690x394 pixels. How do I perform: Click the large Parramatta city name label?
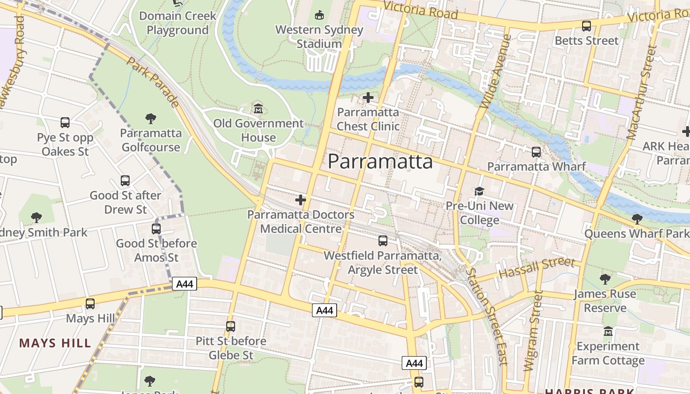click(x=380, y=162)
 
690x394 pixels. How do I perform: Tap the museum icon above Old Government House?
click(x=258, y=108)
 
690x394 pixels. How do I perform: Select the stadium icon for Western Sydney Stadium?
click(x=319, y=15)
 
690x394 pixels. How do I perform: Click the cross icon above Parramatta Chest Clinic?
click(x=368, y=98)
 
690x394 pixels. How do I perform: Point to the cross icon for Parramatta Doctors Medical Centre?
click(x=300, y=200)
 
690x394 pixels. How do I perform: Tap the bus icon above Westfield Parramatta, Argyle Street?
click(x=382, y=241)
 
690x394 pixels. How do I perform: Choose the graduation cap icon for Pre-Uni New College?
click(x=479, y=191)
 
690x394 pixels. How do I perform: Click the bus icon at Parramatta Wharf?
click(x=536, y=152)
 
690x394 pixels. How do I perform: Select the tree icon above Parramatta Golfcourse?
click(x=151, y=118)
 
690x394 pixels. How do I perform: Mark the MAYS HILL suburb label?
click(x=55, y=343)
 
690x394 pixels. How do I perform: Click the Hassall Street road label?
click(x=537, y=268)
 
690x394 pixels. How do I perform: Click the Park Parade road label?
click(x=153, y=82)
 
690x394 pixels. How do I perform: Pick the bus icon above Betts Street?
click(x=586, y=26)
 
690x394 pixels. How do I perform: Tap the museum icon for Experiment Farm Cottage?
click(x=608, y=331)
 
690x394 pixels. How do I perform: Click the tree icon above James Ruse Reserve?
click(x=605, y=279)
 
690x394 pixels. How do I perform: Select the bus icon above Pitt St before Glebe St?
click(x=230, y=326)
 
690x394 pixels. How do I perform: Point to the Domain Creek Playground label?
click(x=177, y=23)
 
